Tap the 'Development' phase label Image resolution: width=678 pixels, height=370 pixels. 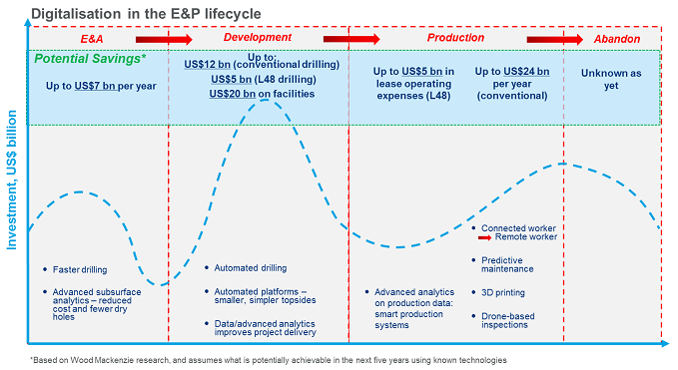click(258, 38)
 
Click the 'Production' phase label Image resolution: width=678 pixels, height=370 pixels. click(455, 38)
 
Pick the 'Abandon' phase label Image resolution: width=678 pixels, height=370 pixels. click(618, 38)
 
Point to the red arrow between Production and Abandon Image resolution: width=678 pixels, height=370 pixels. click(568, 39)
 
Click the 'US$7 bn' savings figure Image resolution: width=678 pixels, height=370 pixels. click(97, 86)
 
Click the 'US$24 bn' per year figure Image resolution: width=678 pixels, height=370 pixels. click(527, 72)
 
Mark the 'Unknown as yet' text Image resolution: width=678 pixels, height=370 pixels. click(610, 79)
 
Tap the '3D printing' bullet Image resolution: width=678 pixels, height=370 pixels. click(504, 293)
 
